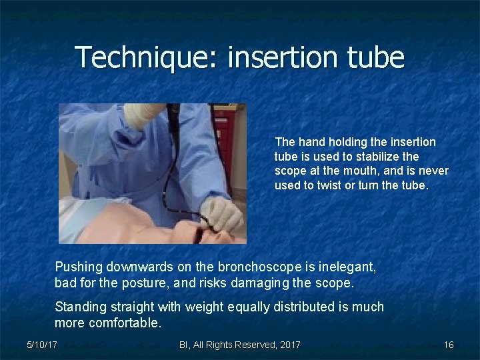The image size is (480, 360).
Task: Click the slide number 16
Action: point(449,345)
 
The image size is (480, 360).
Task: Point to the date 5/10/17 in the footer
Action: point(41,345)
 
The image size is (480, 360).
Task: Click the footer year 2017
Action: point(288,345)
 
